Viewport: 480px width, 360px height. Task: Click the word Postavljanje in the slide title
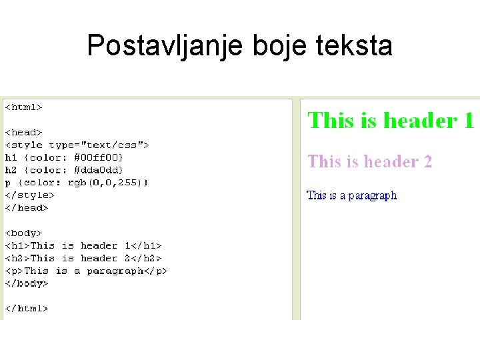[x=166, y=46]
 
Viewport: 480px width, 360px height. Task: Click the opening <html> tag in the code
[x=24, y=107]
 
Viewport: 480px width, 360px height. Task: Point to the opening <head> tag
[x=24, y=132]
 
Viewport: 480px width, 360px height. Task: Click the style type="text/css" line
[x=77, y=145]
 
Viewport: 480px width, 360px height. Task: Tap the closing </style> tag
[x=30, y=195]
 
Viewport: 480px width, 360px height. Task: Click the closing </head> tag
[x=27, y=208]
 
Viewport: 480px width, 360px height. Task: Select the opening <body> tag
[x=24, y=233]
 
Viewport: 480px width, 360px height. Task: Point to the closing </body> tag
[x=27, y=283]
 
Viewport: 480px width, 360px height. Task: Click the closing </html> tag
[x=27, y=309]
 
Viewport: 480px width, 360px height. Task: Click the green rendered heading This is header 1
[x=390, y=121]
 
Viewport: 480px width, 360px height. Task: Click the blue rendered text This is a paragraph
[x=351, y=195]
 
